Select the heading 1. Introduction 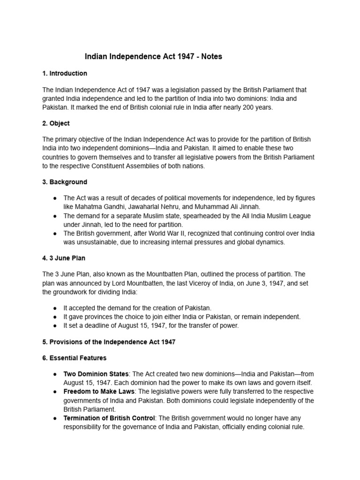tap(65, 74)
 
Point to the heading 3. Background tap(65, 182)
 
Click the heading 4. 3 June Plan tap(64, 258)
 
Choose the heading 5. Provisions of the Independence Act tap(109, 342)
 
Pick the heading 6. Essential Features tap(75, 358)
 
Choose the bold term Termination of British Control tap(111, 418)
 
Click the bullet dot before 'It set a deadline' tap(55, 326)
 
